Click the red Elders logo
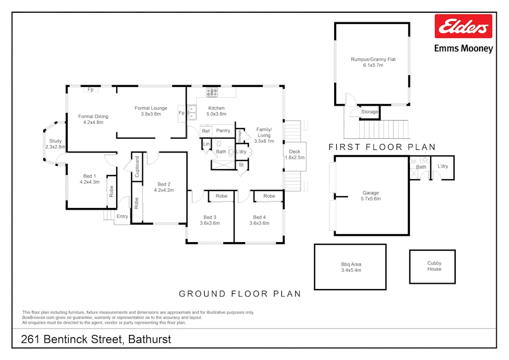[463, 26]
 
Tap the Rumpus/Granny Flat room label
[373, 62]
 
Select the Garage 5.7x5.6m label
[371, 196]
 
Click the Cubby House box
[432, 267]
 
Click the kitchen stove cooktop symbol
[212, 92]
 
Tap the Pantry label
[223, 131]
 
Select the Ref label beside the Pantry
[206, 131]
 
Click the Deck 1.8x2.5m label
[295, 154]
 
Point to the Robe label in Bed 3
[221, 196]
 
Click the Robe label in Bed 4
[269, 196]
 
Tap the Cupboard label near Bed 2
[137, 167]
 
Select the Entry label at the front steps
[123, 217]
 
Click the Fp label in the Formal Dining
[91, 90]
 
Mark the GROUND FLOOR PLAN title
[240, 294]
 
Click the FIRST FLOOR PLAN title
[382, 147]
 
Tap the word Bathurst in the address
[149, 339]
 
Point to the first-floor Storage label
[370, 112]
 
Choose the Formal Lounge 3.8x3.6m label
[151, 111]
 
